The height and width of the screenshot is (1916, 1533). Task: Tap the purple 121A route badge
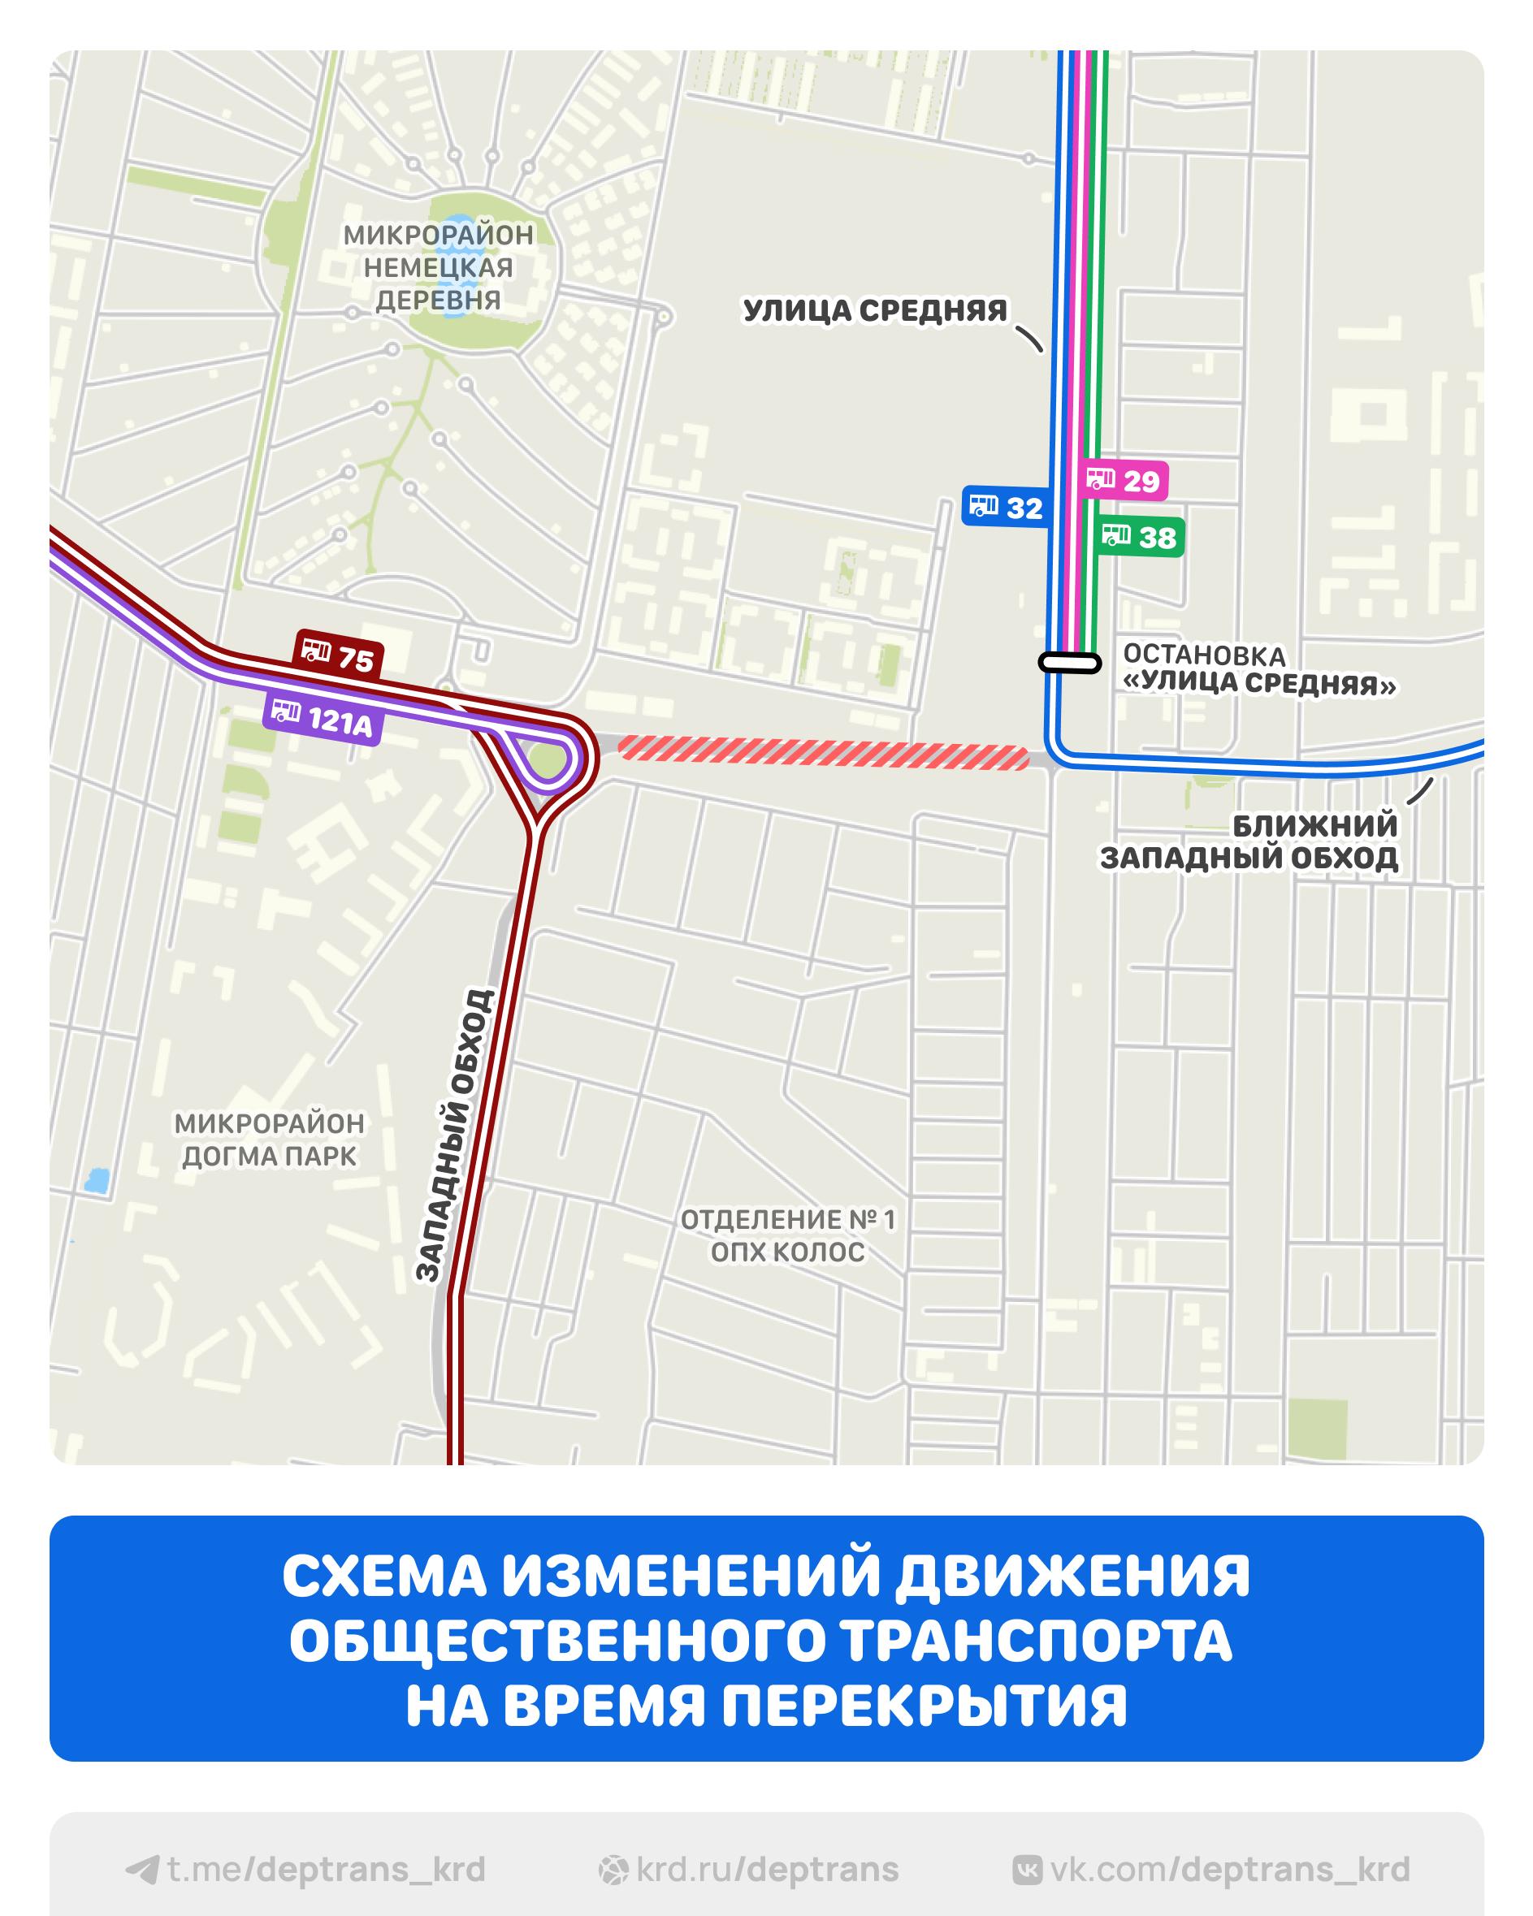323,718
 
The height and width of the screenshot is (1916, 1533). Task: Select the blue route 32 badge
1007,508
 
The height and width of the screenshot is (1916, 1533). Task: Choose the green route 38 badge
1139,537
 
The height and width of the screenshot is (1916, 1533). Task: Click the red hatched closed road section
823,751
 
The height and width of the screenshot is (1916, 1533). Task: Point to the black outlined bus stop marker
1070,662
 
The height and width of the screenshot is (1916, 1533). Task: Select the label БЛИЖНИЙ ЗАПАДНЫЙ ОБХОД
1249,841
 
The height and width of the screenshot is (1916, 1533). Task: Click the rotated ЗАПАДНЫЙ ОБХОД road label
454,1135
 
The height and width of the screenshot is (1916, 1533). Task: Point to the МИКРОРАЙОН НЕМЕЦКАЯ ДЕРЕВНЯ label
438,267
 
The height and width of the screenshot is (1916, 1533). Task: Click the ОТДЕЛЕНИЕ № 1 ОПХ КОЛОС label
788,1235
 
